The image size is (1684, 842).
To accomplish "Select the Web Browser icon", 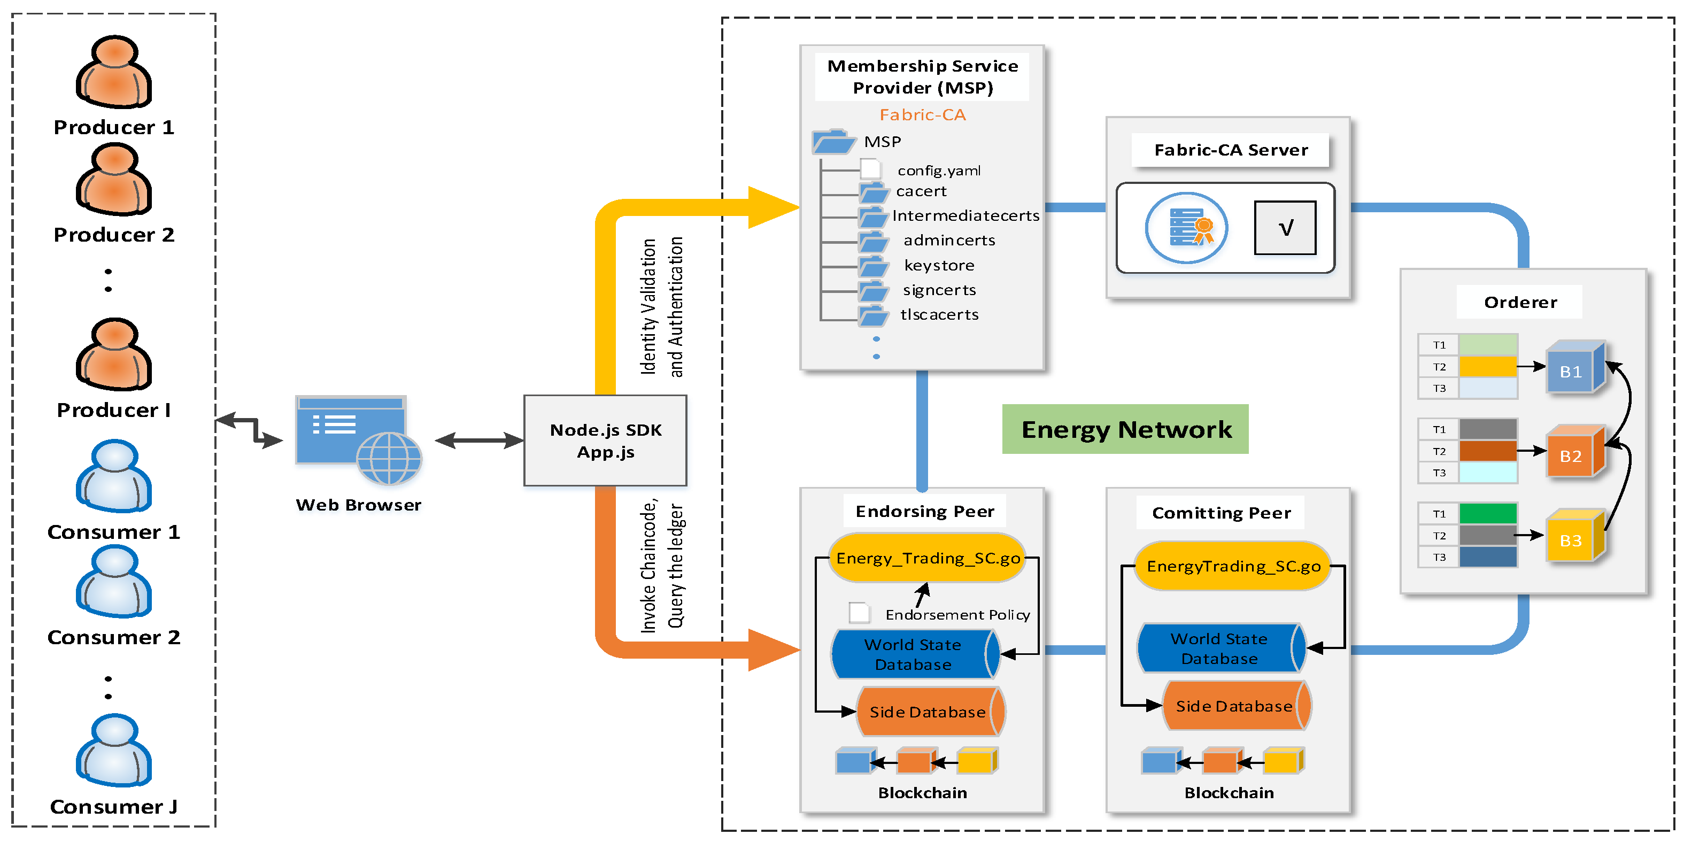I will [358, 439].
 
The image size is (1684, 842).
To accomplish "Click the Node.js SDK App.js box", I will [605, 441].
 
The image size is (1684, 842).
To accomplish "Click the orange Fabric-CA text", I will [922, 115].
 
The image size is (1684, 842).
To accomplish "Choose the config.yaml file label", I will [939, 171].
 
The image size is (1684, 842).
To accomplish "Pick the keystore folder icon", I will [874, 266].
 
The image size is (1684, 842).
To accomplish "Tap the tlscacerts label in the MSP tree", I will [939, 314].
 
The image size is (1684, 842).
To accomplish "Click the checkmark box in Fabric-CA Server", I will [1285, 228].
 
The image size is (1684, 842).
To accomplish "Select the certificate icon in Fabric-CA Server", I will [1186, 228].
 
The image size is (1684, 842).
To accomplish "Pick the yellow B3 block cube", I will [1574, 537].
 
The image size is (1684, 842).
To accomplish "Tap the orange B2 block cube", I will [1574, 453].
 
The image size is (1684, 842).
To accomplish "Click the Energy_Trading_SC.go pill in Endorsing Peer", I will [927, 558].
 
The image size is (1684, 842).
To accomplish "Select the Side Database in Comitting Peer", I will [1235, 706].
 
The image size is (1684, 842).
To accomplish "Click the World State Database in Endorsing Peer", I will [914, 654].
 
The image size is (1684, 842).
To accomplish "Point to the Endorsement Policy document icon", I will [859, 613].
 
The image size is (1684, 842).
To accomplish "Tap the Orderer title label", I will [1519, 302].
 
